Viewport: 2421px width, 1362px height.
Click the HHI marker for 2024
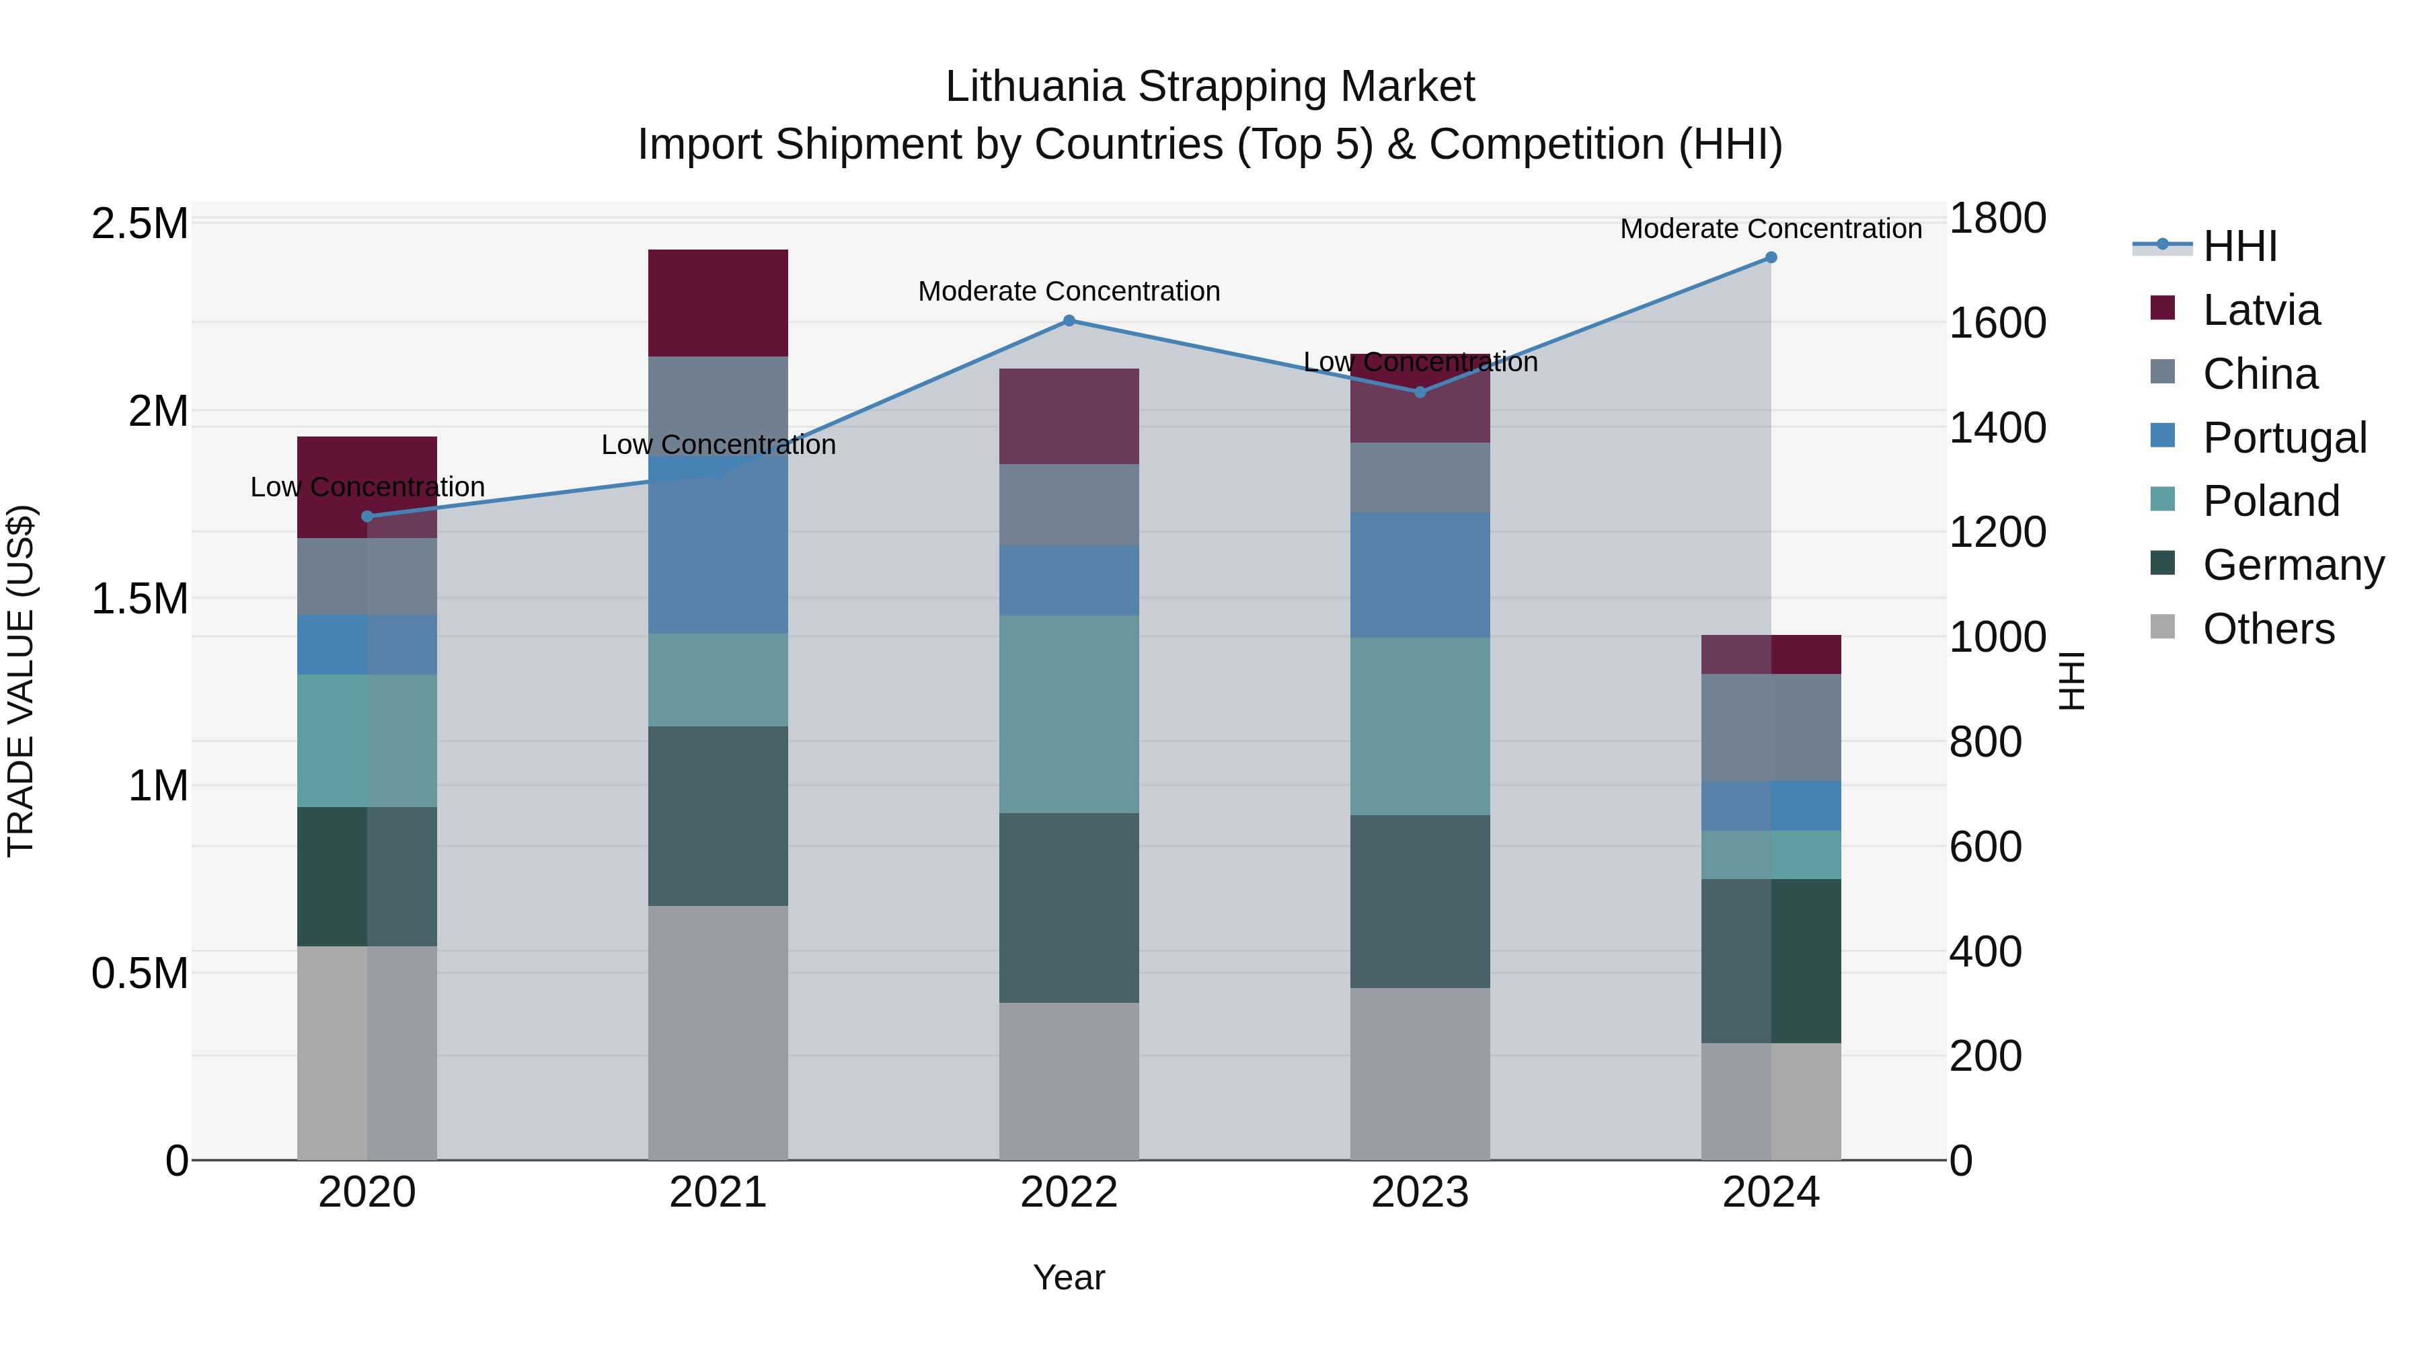(x=1771, y=258)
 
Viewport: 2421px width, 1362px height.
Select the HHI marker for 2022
(x=1069, y=321)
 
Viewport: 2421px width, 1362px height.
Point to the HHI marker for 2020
(x=367, y=516)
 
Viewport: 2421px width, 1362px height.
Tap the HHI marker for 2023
(x=1420, y=392)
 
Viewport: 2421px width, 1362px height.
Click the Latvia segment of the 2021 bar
(x=718, y=303)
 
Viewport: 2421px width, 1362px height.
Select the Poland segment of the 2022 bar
(x=1069, y=714)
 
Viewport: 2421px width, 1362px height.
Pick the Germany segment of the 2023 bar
(x=1420, y=901)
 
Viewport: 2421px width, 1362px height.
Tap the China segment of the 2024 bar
(x=1771, y=728)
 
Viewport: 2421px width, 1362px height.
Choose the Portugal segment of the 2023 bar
(x=1420, y=575)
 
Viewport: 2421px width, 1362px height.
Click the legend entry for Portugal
(x=2284, y=438)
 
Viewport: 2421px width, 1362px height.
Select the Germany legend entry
(x=2293, y=565)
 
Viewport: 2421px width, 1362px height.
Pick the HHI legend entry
(x=2239, y=246)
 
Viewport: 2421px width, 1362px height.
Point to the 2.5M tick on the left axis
(x=139, y=224)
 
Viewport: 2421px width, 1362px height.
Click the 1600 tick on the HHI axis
(x=1997, y=324)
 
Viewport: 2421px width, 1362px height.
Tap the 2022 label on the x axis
(x=1069, y=1193)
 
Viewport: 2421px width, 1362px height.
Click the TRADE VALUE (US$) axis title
(x=21, y=681)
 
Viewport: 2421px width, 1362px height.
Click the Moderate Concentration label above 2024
(x=1771, y=229)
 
